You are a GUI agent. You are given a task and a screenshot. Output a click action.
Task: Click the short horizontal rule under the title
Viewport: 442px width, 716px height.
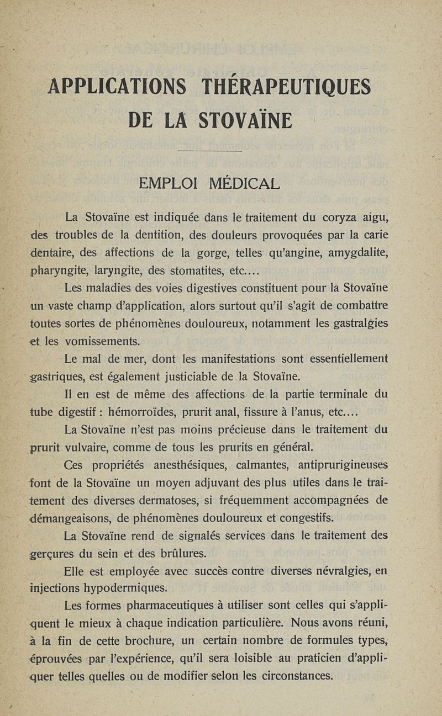tap(211, 151)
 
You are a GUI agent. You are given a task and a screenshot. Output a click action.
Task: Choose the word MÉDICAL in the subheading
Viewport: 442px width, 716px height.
tap(243, 183)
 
